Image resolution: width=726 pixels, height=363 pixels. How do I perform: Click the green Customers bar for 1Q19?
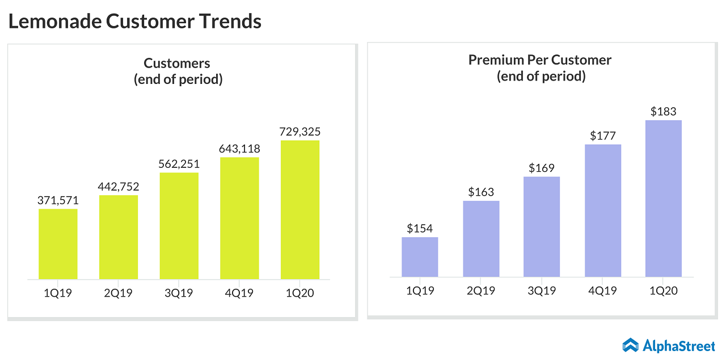[58, 244]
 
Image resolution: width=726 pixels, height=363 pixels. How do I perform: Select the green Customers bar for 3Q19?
[179, 226]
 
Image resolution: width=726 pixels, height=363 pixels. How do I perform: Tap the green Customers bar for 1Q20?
[300, 210]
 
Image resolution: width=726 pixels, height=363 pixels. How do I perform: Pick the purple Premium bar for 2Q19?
[481, 239]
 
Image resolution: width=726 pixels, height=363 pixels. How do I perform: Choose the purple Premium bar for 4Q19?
[603, 210]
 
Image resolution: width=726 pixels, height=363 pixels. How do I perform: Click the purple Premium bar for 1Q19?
[420, 257]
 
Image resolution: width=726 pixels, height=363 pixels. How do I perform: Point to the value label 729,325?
[300, 132]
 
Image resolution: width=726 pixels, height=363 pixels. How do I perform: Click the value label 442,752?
[119, 187]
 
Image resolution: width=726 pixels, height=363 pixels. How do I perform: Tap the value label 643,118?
[239, 149]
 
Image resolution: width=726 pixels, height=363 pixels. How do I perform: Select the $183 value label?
[664, 111]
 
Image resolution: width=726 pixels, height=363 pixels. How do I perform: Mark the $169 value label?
[542, 168]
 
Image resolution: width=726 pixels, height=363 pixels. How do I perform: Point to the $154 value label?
[420, 229]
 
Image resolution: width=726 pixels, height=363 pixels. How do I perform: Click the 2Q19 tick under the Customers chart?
[119, 293]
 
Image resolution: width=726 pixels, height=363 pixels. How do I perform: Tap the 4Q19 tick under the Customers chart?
[239, 293]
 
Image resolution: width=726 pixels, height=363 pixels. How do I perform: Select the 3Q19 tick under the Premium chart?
[542, 291]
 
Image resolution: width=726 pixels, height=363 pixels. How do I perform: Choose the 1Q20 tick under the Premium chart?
[664, 291]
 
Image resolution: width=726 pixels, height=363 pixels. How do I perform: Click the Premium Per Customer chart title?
[540, 60]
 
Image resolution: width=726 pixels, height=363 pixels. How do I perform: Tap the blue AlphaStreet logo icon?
[630, 344]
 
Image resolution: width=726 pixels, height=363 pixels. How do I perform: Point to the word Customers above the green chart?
[177, 63]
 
